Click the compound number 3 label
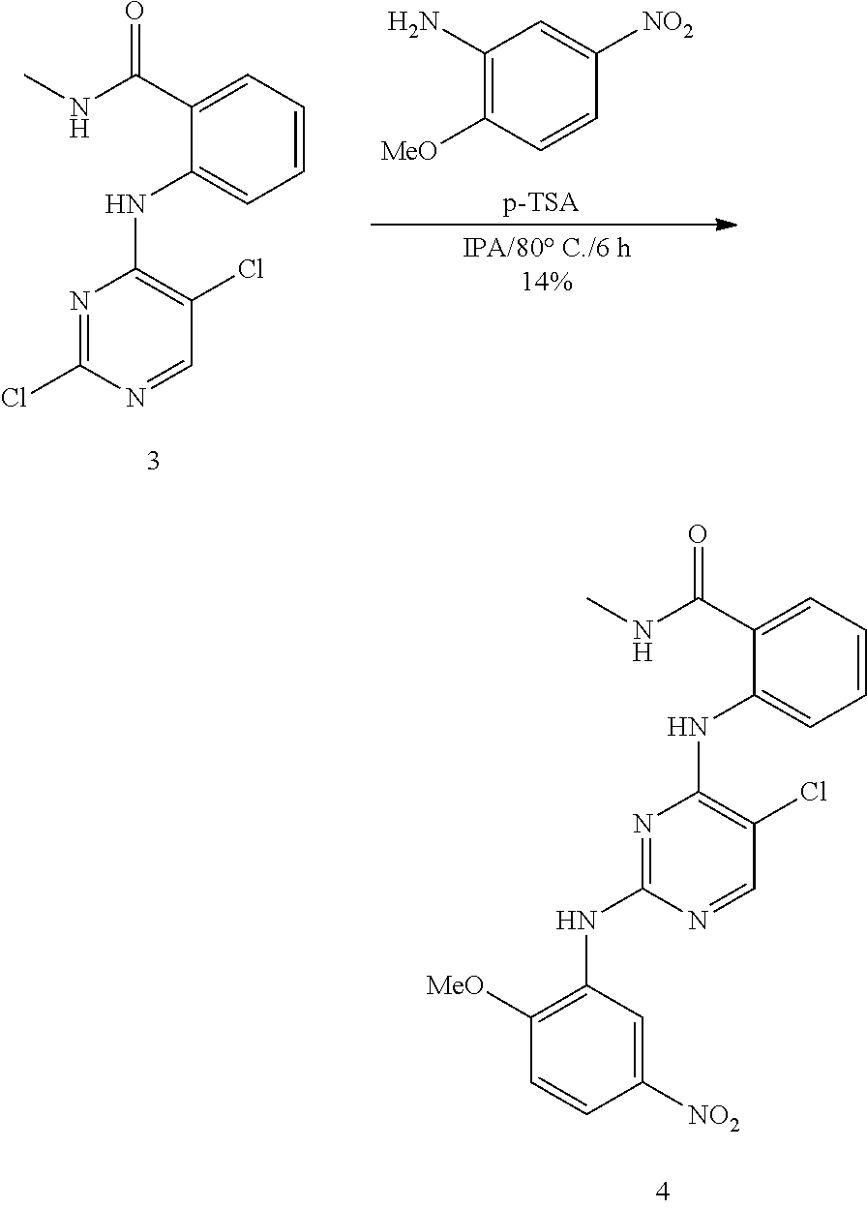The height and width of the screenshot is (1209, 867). (153, 461)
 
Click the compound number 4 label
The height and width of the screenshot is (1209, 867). (662, 1191)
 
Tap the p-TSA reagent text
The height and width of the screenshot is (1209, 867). (541, 203)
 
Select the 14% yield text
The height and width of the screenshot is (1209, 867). (547, 282)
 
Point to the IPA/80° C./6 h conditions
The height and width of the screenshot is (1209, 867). (547, 248)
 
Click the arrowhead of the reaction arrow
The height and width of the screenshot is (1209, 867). (726, 224)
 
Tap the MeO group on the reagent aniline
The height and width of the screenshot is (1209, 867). (409, 151)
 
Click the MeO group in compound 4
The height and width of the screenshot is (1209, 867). (454, 985)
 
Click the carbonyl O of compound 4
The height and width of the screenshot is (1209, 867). (698, 534)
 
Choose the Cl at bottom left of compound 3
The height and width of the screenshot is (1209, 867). (14, 398)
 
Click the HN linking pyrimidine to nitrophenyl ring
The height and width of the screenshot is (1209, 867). (577, 921)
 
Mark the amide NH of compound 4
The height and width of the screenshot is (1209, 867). (643, 640)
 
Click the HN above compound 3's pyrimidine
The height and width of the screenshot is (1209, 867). (126, 204)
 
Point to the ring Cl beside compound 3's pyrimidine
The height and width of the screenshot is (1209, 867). (251, 269)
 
